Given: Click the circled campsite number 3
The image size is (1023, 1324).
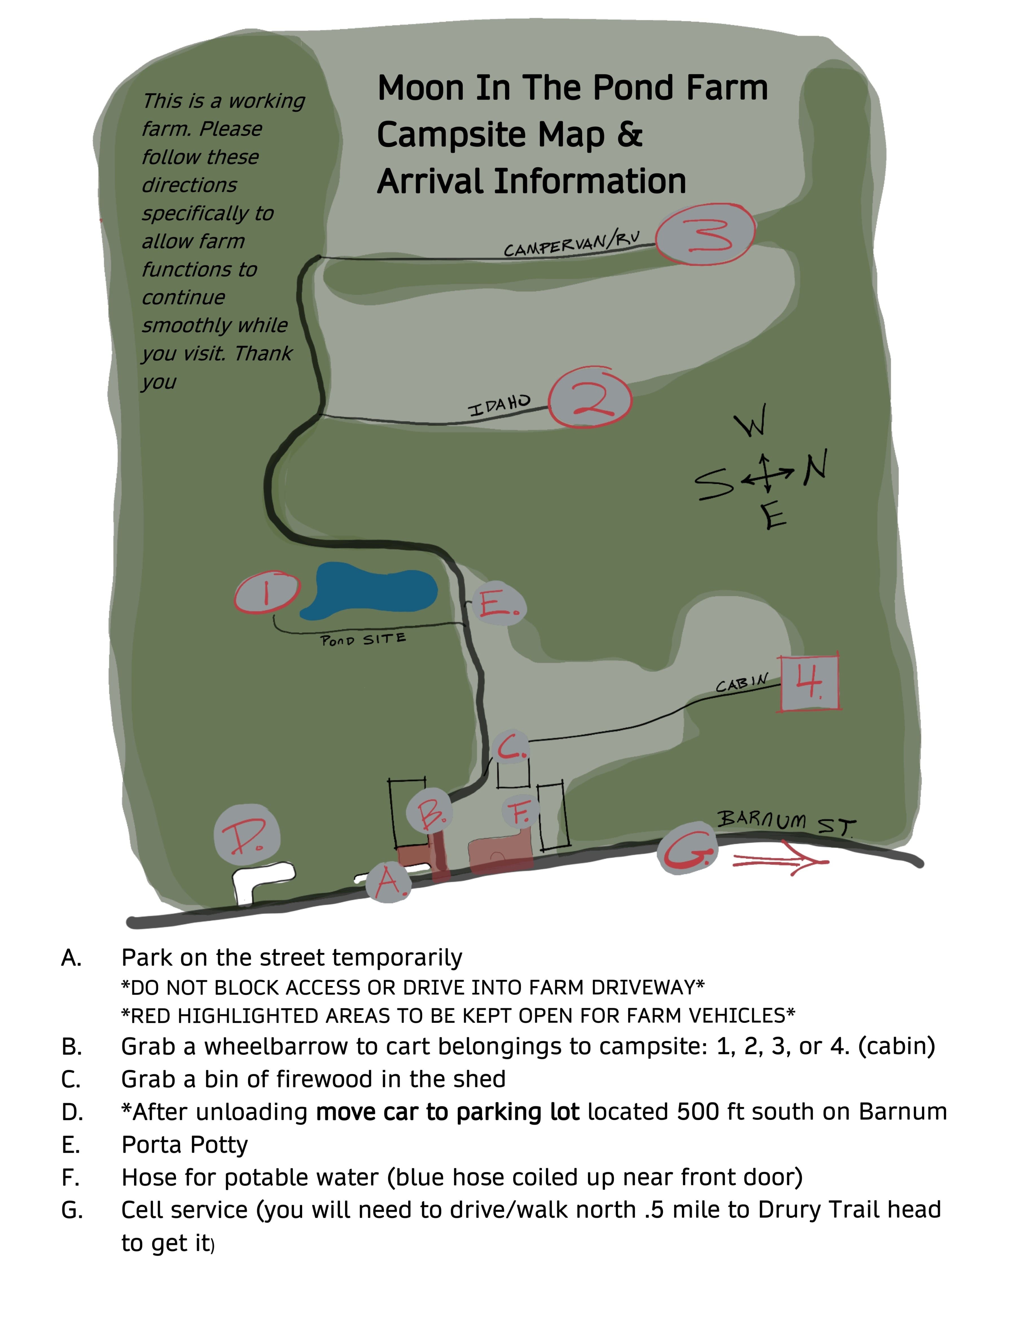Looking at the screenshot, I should point(705,234).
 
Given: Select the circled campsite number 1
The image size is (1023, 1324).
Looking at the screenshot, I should point(267,592).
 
